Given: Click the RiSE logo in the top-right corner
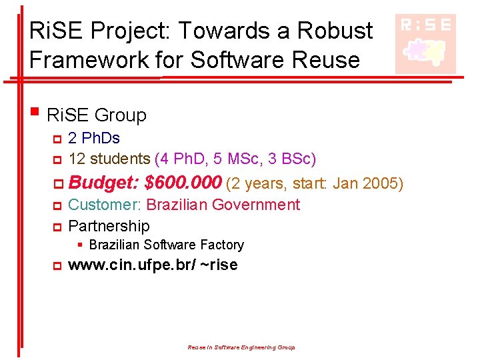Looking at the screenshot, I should [425, 43].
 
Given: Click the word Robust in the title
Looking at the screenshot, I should [336, 30].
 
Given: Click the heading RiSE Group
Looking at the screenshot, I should [97, 115].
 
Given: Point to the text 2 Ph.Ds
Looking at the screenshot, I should [94, 139].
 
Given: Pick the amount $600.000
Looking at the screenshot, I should [183, 182].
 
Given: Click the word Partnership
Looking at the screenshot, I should [109, 225].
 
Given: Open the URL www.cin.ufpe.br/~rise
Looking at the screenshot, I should [153, 265].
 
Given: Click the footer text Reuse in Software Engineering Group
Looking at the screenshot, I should [241, 347].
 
